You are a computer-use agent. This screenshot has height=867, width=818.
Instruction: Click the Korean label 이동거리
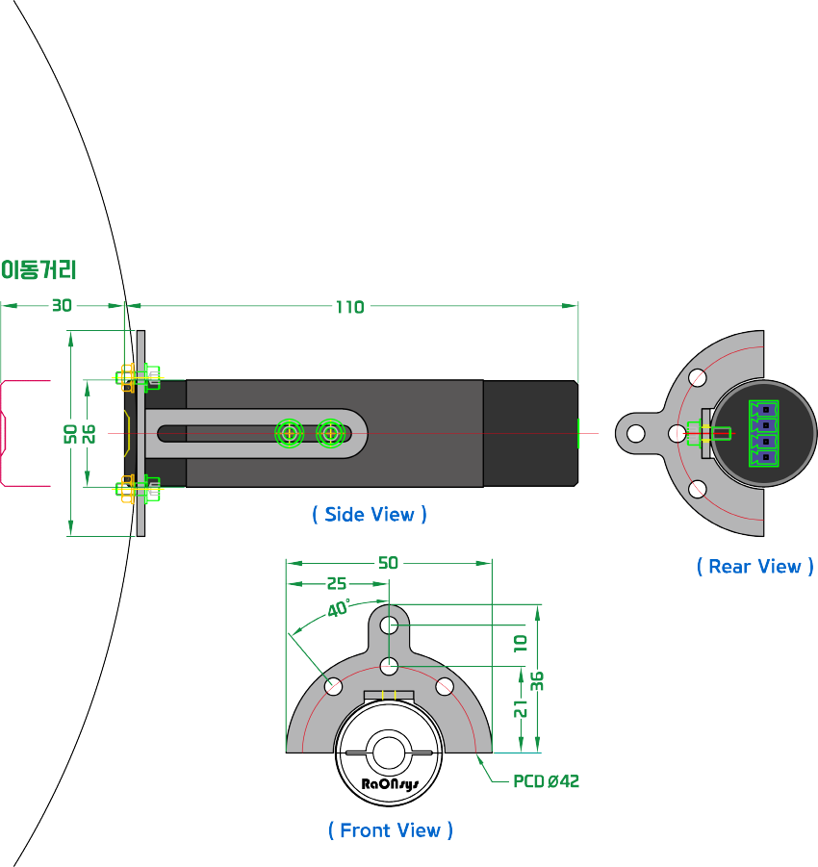tap(38, 269)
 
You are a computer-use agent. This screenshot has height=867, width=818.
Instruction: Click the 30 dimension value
tap(62, 306)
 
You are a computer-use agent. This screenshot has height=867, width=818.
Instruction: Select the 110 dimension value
tap(349, 307)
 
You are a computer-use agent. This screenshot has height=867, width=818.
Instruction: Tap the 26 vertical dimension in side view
tap(89, 433)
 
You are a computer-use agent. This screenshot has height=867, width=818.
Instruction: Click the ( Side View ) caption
tap(370, 515)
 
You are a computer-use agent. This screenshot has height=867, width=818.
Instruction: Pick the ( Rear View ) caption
tap(755, 567)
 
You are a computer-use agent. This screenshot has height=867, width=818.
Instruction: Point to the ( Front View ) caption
tap(391, 830)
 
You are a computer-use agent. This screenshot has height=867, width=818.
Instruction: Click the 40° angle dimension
tap(339, 609)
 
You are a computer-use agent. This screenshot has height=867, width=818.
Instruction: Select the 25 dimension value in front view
tap(337, 584)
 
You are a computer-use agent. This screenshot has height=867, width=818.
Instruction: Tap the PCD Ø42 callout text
tap(546, 781)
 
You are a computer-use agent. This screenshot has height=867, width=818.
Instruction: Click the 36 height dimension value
tap(538, 680)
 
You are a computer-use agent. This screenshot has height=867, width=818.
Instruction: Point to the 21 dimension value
tap(521, 708)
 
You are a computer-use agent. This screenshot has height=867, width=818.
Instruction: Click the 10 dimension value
tap(521, 644)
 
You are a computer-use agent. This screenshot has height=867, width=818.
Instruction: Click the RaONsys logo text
tap(389, 783)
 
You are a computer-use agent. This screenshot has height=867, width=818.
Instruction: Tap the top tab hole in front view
tap(389, 625)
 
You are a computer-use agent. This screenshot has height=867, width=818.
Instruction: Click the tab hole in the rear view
tap(635, 433)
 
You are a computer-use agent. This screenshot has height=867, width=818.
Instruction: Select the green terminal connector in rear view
tap(764, 433)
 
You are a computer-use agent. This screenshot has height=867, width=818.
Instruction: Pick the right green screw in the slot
tap(331, 433)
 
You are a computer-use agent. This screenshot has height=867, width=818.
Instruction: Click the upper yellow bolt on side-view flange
tap(126, 375)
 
